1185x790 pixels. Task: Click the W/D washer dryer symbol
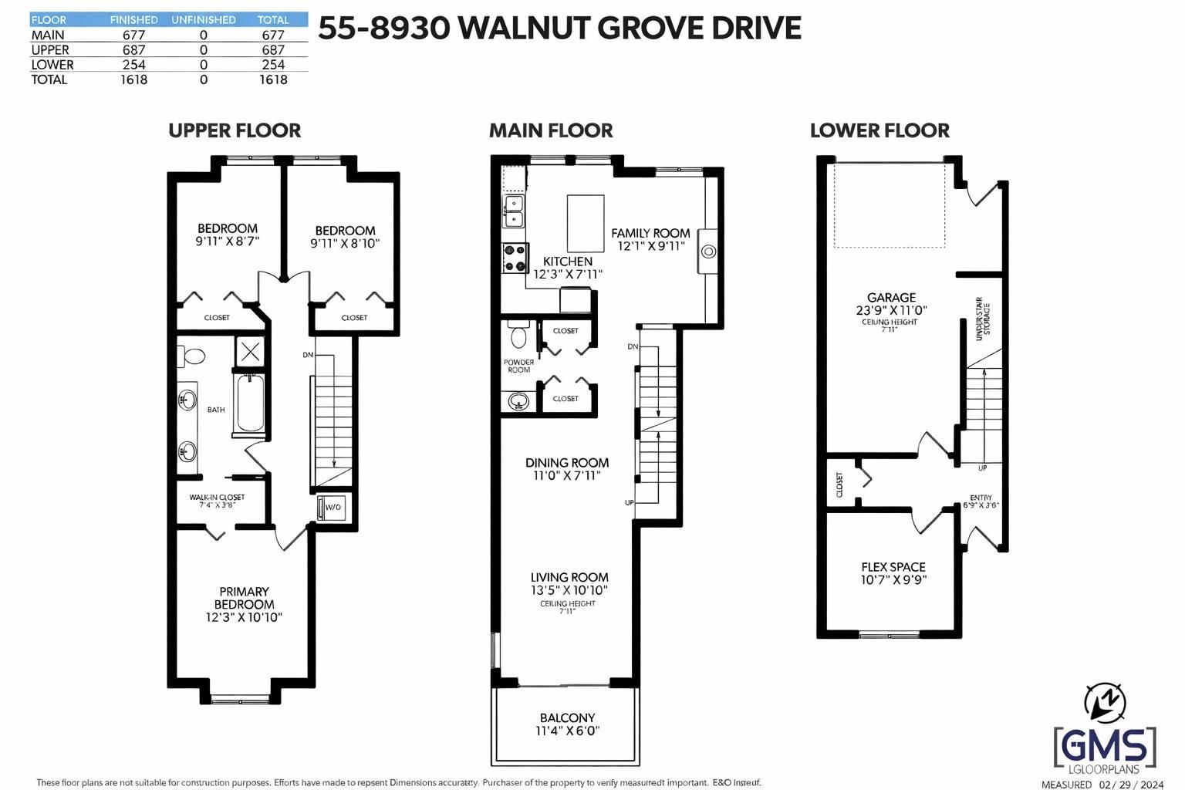coord(332,508)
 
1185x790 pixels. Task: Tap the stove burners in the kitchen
coord(514,258)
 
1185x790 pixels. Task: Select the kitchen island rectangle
coord(586,223)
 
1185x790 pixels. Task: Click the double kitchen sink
coord(514,211)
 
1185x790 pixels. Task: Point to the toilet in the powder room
coord(518,336)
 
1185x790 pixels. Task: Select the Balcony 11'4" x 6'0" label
coord(568,724)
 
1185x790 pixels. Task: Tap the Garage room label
coord(891,298)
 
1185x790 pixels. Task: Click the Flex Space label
coord(893,567)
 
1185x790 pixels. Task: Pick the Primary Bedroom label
coord(244,598)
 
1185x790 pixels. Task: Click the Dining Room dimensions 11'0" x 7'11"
coord(567,476)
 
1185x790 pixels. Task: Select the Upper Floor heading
coord(235,130)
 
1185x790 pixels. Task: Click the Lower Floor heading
coord(879,130)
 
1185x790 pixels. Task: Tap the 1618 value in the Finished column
coord(133,79)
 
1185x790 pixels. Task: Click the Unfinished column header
coord(203,20)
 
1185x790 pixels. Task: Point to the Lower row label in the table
coord(52,65)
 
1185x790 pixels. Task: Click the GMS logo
coord(1105,746)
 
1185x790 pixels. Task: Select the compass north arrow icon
coord(1105,701)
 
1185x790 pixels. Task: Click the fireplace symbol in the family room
coord(707,251)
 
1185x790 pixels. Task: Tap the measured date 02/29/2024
coord(1131,785)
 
